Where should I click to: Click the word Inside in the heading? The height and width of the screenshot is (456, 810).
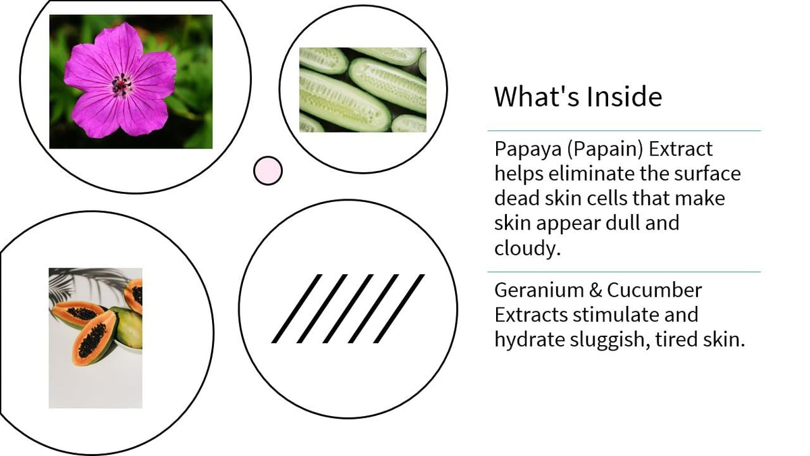[624, 97]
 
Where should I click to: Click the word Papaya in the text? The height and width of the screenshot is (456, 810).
[528, 150]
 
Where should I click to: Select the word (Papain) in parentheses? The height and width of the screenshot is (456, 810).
[605, 150]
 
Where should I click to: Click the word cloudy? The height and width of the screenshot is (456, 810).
[527, 249]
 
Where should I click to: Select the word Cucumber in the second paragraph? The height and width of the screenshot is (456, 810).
[655, 290]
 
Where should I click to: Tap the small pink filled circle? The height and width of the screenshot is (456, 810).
[268, 171]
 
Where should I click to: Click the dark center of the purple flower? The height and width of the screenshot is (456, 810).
[122, 84]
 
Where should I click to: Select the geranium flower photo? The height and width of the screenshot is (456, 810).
[131, 82]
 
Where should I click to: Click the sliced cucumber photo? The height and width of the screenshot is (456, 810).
[362, 90]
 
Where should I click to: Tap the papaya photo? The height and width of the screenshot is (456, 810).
[95, 338]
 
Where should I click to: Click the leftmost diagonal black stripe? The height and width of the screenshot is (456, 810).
[296, 309]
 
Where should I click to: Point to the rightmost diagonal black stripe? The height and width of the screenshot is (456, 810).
[399, 309]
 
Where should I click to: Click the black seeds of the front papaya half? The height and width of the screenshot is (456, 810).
[92, 340]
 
